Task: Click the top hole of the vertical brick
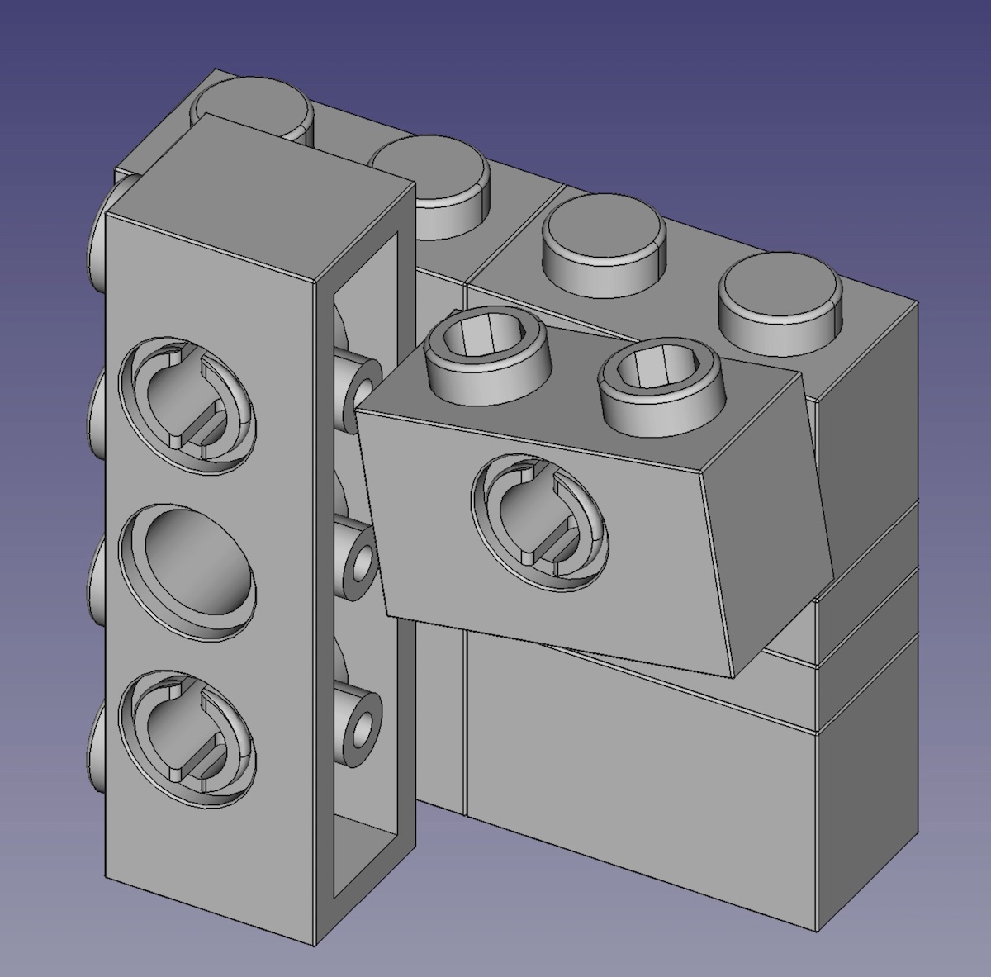pos(187,405)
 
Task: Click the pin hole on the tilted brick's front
pos(539,521)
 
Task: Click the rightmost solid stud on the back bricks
pos(780,302)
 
